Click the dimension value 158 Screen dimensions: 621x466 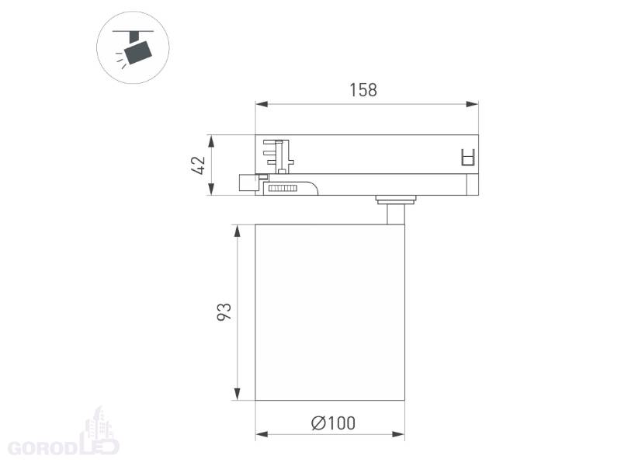pyautogui.click(x=363, y=90)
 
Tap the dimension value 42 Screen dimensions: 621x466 pyautogui.click(x=199, y=165)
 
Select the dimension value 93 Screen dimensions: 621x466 pyautogui.click(x=224, y=312)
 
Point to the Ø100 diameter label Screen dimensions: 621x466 pyautogui.click(x=333, y=423)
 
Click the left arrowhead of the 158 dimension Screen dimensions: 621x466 pyautogui.click(x=262, y=104)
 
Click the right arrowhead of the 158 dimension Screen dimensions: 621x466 pyautogui.click(x=473, y=104)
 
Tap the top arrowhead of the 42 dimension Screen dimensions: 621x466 pyautogui.click(x=211, y=141)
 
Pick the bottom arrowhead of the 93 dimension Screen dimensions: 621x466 pyautogui.click(x=238, y=394)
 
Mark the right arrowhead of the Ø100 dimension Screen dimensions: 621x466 pyautogui.click(x=398, y=435)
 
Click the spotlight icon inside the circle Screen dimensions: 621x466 pyautogui.click(x=134, y=48)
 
